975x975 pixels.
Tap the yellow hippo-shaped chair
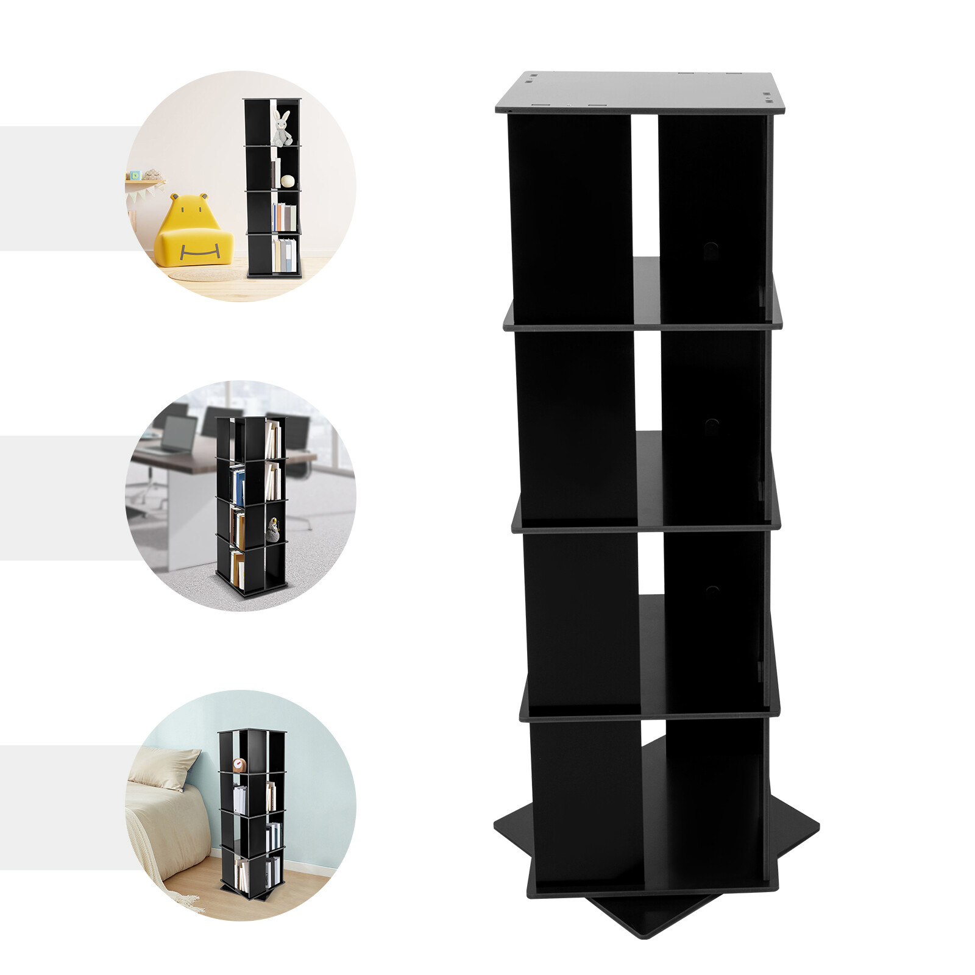tap(193, 235)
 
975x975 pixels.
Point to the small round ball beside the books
tap(288, 181)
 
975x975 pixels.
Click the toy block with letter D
tap(136, 175)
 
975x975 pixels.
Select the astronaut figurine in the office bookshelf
tap(272, 530)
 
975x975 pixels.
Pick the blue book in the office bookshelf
tap(239, 485)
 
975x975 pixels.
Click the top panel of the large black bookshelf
tap(640, 92)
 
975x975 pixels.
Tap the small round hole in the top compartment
tap(711, 249)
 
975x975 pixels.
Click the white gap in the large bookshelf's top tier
tap(644, 183)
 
